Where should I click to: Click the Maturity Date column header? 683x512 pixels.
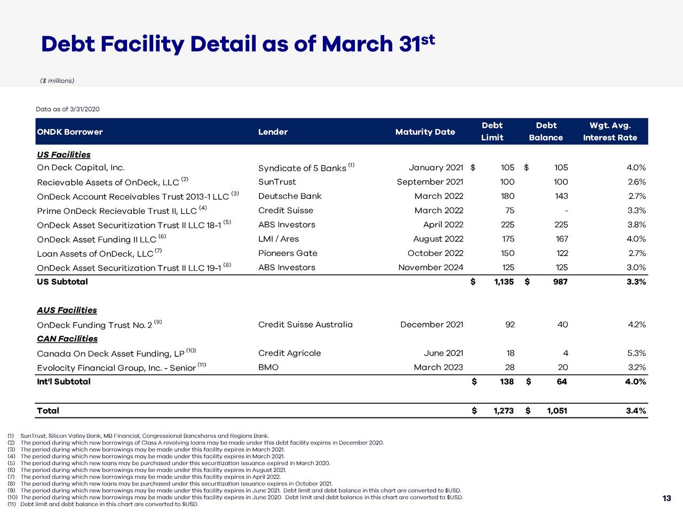pyautogui.click(x=425, y=132)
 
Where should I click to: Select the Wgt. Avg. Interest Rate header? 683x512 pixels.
pyautogui.click(x=610, y=131)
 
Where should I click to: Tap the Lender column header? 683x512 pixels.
pyautogui.click(x=273, y=132)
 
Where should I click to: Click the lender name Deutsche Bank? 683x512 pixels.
pyautogui.click(x=290, y=196)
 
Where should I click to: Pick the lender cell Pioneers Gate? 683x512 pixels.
pyautogui.click(x=288, y=253)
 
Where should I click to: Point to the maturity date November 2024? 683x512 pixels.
pyautogui.click(x=431, y=268)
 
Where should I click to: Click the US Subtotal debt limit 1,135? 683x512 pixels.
pyautogui.click(x=504, y=282)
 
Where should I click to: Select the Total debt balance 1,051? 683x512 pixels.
pyautogui.click(x=557, y=411)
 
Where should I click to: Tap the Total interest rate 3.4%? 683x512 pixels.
pyautogui.click(x=636, y=411)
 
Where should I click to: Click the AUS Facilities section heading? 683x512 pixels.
pyautogui.click(x=67, y=310)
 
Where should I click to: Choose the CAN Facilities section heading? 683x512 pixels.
pyautogui.click(x=67, y=339)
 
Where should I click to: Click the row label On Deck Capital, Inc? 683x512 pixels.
pyautogui.click(x=81, y=167)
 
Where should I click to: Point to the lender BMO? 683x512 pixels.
pyautogui.click(x=268, y=367)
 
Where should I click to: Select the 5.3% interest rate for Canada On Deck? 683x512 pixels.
pyautogui.click(x=636, y=353)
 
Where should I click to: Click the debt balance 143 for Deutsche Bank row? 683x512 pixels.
pyautogui.click(x=561, y=196)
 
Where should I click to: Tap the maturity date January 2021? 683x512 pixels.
pyautogui.click(x=436, y=167)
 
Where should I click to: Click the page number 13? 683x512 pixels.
pyautogui.click(x=666, y=498)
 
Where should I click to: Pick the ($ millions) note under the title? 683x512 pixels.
pyautogui.click(x=57, y=81)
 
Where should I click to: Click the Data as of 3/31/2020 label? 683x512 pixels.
pyautogui.click(x=68, y=109)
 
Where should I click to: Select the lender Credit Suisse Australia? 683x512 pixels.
pyautogui.click(x=305, y=325)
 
